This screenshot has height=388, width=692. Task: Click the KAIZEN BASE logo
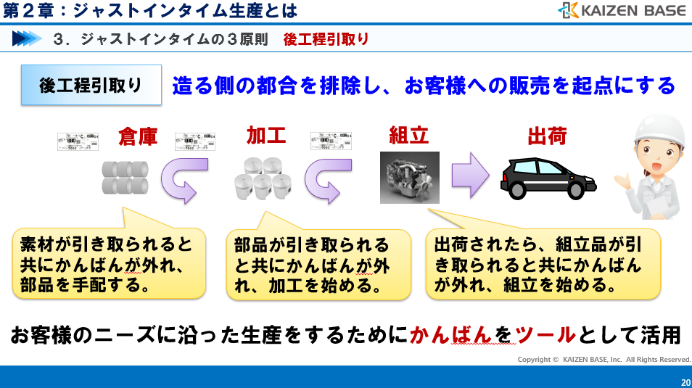tap(621, 10)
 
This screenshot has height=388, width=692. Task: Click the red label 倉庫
tap(138, 136)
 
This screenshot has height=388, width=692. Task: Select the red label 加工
tap(266, 136)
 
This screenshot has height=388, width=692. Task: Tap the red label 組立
tap(409, 136)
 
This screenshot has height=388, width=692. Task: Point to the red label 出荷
tap(546, 136)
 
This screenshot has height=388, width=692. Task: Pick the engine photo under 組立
tap(409, 178)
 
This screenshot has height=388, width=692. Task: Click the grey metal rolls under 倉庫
tap(126, 177)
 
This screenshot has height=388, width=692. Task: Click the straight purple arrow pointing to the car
tap(472, 175)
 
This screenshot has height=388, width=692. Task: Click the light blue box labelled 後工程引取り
tap(91, 86)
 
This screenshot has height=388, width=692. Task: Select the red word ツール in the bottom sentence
tap(545, 336)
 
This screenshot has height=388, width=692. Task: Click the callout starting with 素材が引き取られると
tap(109, 263)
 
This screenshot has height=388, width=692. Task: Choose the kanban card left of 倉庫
tap(78, 141)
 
